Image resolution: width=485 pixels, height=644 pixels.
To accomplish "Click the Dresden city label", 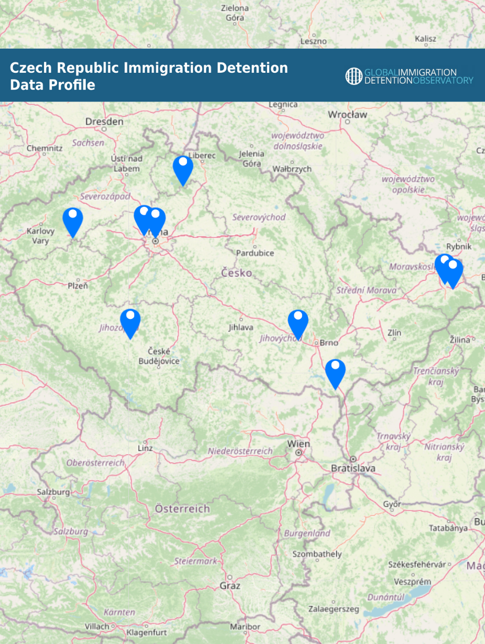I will (x=104, y=121).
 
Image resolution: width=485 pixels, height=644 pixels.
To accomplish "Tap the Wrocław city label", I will (x=347, y=115).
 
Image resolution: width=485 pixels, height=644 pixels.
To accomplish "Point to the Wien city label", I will (x=299, y=444).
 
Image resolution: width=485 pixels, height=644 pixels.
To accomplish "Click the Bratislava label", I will (x=353, y=469).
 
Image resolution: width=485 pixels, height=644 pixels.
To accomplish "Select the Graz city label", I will (x=230, y=585).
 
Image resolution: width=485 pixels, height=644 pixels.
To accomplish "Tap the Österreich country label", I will (x=182, y=508).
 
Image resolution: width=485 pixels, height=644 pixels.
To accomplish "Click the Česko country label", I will (x=237, y=273).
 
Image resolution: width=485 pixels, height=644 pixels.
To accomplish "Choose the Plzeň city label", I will (x=78, y=285).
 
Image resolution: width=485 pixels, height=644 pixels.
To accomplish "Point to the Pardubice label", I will (x=255, y=253).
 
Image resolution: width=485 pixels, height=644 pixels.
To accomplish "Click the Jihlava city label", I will (x=241, y=327).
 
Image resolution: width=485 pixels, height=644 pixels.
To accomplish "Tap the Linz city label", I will (x=145, y=448).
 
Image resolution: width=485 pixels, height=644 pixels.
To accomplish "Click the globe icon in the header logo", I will (x=354, y=76).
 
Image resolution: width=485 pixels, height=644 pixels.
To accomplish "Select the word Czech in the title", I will (x=31, y=68).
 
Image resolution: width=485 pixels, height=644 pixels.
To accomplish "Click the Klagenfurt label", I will (x=147, y=632).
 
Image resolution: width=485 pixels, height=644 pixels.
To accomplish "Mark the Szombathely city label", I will (x=317, y=554).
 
